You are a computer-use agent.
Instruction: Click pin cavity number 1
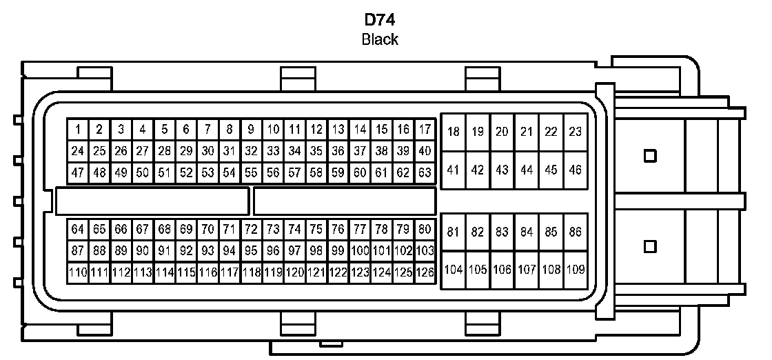pos(78,129)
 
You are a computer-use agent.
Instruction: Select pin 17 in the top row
pos(425,129)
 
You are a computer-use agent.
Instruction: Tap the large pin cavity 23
pos(575,132)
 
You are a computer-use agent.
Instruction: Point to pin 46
pos(575,170)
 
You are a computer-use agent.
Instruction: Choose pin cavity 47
pos(78,172)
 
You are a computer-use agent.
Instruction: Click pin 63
pos(425,172)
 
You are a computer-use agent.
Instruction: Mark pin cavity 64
pos(78,229)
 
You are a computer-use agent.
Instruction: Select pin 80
pos(425,229)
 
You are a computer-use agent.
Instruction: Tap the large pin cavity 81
pos(453,232)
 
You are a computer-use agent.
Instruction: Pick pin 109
pos(575,270)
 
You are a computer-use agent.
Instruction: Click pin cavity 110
pos(78,272)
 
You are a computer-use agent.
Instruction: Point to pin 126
pos(425,272)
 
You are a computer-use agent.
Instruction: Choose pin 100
pos(360,250)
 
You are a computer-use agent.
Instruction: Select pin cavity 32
pos(252,150)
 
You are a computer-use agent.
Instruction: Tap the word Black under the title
pos(380,39)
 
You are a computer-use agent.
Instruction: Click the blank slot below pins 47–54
pos(152,201)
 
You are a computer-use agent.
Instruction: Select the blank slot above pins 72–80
pos(344,201)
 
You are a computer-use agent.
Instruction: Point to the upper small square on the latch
pos(649,156)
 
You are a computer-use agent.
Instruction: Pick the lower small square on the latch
pos(649,246)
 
